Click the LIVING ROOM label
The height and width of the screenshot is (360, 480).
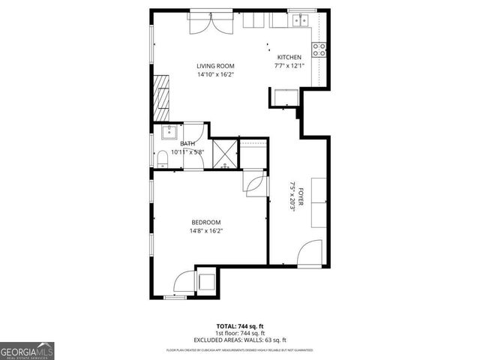point(215,66)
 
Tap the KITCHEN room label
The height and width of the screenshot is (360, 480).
point(289,58)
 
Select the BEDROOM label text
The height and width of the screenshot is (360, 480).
point(205,222)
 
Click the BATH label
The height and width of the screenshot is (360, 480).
point(187,143)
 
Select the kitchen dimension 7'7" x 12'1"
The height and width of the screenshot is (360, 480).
point(289,66)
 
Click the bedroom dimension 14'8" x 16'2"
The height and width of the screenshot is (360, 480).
point(206,231)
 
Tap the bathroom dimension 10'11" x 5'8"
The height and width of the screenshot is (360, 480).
point(187,151)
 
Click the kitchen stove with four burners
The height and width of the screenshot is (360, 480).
point(319,50)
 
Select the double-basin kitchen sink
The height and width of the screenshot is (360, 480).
point(301,20)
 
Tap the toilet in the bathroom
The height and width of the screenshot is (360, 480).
point(161,157)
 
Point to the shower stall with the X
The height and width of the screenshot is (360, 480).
point(225,152)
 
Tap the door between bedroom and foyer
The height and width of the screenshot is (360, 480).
point(256,184)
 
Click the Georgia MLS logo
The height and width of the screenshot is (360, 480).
point(27,350)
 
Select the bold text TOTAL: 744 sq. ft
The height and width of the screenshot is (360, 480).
point(240,327)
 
